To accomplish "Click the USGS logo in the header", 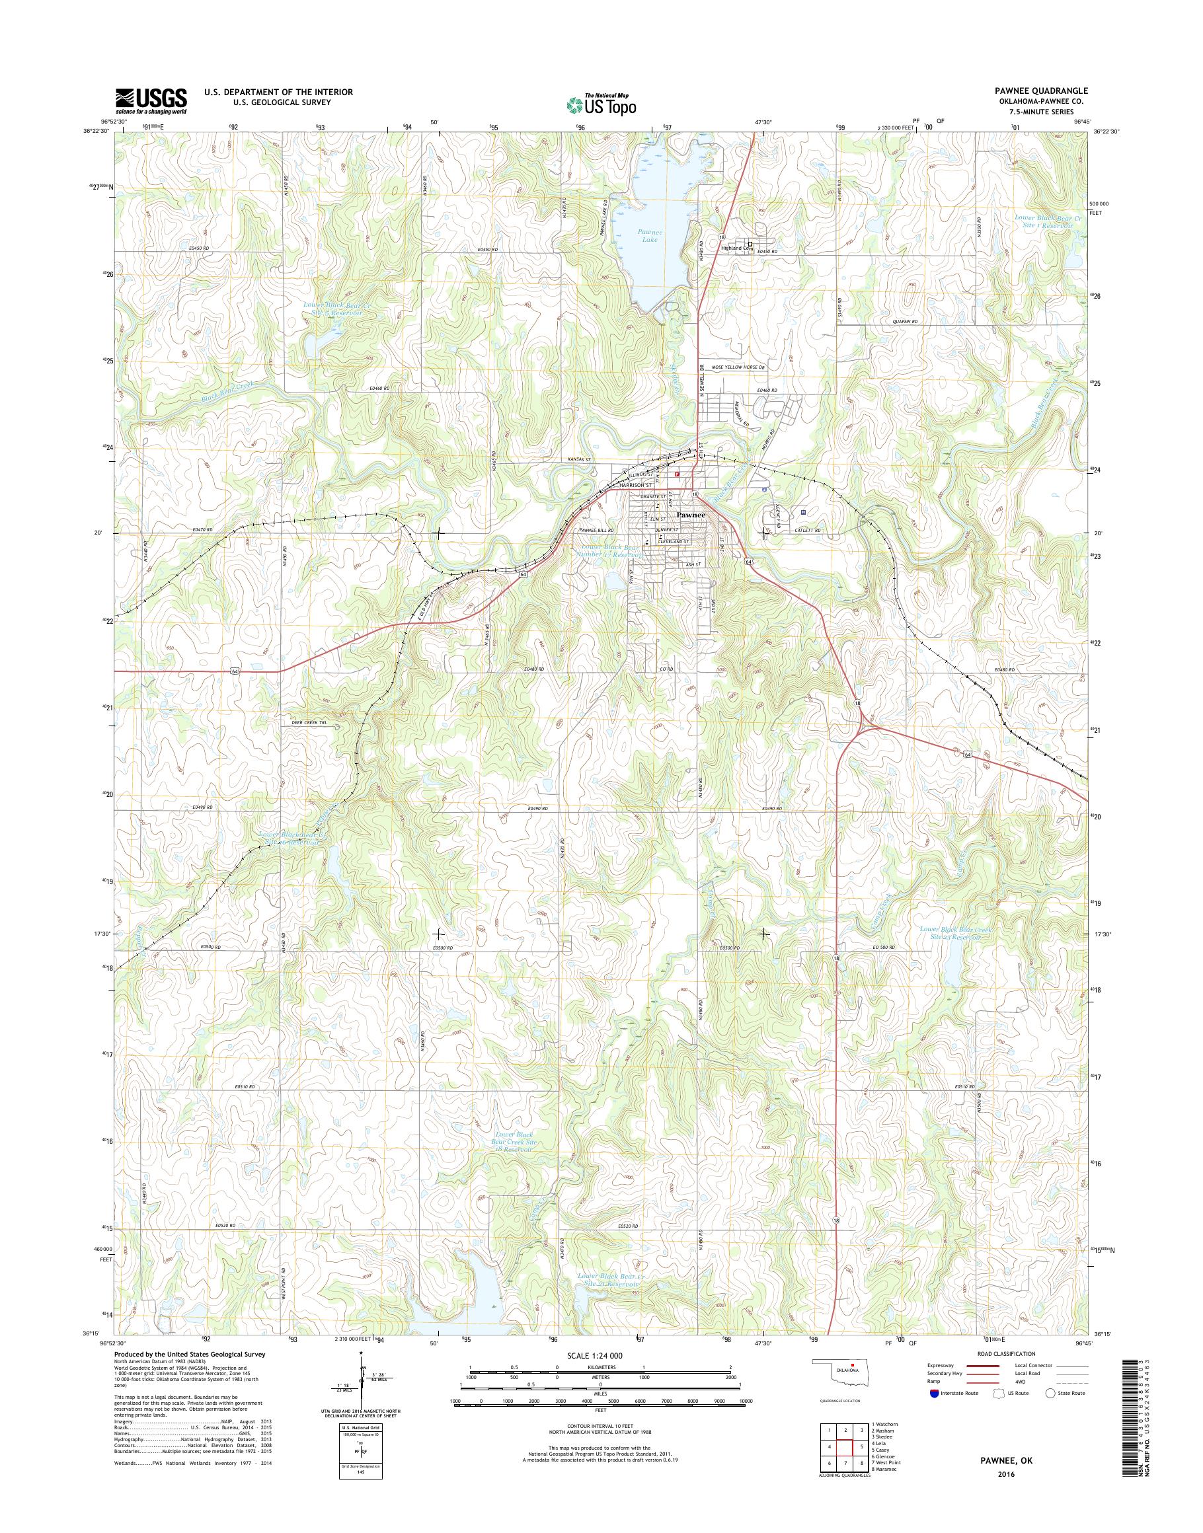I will click(151, 100).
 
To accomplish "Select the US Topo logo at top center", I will click(601, 104).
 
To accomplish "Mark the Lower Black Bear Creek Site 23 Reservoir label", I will click(956, 933).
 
